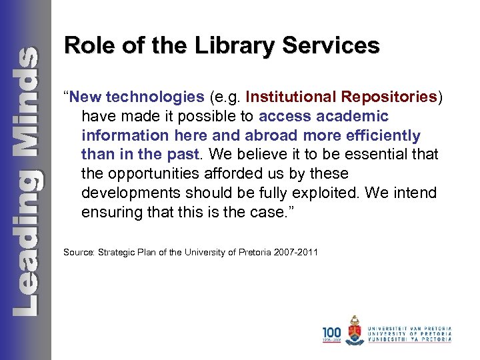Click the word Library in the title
click(x=222, y=45)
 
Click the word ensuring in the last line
click(x=110, y=213)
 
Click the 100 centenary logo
click(x=331, y=333)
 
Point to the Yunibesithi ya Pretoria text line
click(x=411, y=340)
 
